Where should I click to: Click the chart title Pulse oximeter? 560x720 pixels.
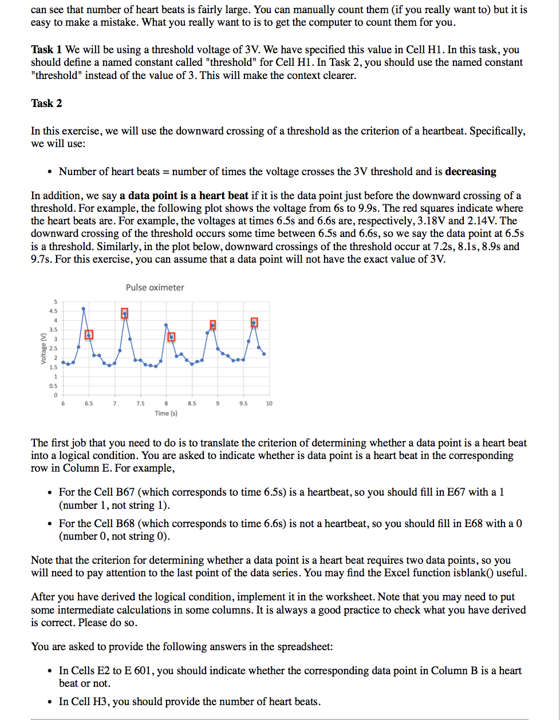[155, 287]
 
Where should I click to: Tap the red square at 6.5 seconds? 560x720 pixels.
[89, 334]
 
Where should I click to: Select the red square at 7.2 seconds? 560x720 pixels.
[125, 313]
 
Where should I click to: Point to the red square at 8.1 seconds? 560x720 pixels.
[171, 337]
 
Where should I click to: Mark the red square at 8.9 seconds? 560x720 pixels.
[213, 325]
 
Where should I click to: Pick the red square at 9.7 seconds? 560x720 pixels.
[254, 323]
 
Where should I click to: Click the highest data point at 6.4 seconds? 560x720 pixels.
[84, 308]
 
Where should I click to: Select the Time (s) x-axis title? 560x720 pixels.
[166, 413]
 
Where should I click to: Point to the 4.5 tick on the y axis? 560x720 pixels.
[53, 311]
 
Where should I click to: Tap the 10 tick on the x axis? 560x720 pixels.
[269, 403]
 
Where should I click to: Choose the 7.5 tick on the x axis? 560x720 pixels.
[140, 403]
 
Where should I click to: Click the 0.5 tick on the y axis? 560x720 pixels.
[53, 386]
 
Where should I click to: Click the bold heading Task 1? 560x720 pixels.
[46, 50]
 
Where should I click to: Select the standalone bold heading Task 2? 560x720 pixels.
[46, 103]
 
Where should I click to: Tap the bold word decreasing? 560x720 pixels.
[471, 172]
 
